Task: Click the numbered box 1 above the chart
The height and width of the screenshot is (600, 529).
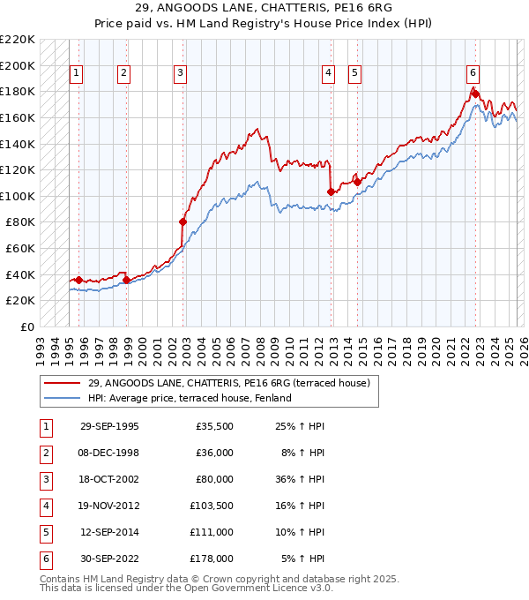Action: pyautogui.click(x=76, y=74)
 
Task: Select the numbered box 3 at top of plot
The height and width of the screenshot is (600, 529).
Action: pyautogui.click(x=180, y=74)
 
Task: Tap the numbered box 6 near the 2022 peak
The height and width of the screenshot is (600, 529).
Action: pyautogui.click(x=473, y=74)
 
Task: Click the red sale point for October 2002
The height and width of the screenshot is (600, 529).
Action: pyautogui.click(x=183, y=221)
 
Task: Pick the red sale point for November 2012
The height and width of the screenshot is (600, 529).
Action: pyautogui.click(x=331, y=191)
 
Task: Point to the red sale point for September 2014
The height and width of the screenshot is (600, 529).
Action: pyautogui.click(x=357, y=182)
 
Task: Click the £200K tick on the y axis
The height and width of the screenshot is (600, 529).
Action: pyautogui.click(x=18, y=65)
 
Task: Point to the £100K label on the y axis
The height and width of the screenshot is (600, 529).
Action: pyautogui.click(x=18, y=196)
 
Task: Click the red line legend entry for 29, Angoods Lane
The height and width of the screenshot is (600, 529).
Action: pyautogui.click(x=234, y=383)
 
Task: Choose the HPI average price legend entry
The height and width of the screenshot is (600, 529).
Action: pyautogui.click(x=189, y=398)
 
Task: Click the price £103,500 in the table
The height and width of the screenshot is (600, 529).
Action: pyautogui.click(x=212, y=506)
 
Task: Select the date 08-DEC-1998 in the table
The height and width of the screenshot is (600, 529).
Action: pyautogui.click(x=109, y=453)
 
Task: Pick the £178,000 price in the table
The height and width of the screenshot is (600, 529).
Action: pyautogui.click(x=212, y=559)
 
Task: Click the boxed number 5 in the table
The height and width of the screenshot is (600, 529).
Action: pyautogui.click(x=44, y=532)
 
